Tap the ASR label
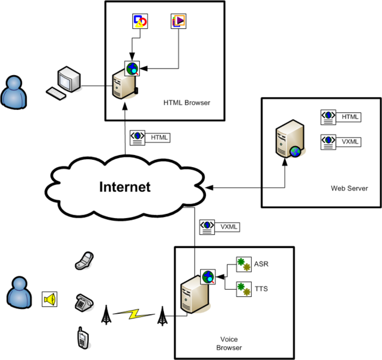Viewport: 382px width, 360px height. coord(261,264)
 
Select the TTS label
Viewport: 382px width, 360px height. coord(261,289)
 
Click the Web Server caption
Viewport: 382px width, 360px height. coord(349,188)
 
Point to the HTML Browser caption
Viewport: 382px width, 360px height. coord(187,103)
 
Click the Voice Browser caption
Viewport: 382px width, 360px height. coord(228,343)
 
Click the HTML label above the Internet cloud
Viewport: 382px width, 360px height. coord(159,138)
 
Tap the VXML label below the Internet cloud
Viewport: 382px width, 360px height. coord(229,227)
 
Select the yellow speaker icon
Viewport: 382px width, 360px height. coord(49,299)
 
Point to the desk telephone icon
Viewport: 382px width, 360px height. coord(83,302)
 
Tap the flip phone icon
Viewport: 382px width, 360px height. coord(83,260)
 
